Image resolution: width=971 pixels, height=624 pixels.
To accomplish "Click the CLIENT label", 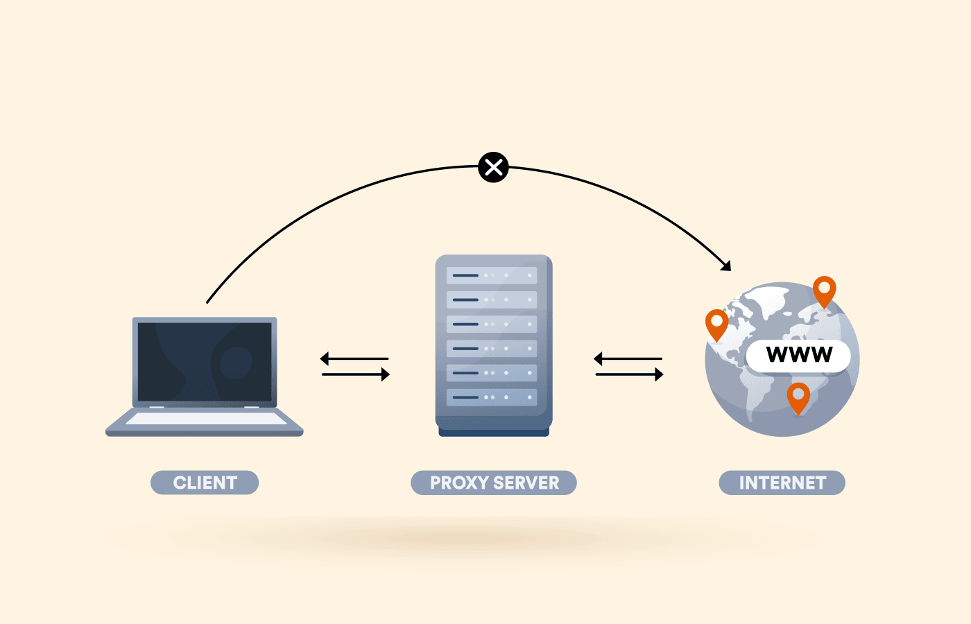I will [x=205, y=483].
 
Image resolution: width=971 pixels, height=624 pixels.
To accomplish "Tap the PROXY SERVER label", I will [x=494, y=483].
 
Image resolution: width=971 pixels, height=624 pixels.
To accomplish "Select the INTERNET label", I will [x=782, y=483].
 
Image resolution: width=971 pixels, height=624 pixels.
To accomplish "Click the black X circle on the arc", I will [x=493, y=167].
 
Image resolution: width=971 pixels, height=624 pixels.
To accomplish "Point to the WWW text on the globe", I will [x=799, y=355].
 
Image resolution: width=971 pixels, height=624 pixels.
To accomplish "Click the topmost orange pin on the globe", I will [x=824, y=290].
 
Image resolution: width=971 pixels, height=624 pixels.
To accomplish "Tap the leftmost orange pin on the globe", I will [x=716, y=323].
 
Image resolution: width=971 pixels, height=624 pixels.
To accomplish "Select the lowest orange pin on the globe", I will [x=798, y=397].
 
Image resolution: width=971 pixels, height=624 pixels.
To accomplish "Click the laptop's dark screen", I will [x=205, y=361].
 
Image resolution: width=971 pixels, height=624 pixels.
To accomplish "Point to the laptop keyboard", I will [x=205, y=419].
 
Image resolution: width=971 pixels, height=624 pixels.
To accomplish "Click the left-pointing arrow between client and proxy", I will [x=354, y=358].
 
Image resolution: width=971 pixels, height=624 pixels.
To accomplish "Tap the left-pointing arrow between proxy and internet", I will [x=628, y=358].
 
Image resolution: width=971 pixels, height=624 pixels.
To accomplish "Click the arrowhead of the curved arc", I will [x=725, y=266].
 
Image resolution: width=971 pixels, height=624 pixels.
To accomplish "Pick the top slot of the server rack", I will [x=492, y=275].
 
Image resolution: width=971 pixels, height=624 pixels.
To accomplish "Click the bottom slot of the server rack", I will [x=492, y=397].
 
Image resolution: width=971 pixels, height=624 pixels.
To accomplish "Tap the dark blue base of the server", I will [x=494, y=433].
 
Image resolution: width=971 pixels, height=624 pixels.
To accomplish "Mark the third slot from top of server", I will [x=492, y=324].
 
